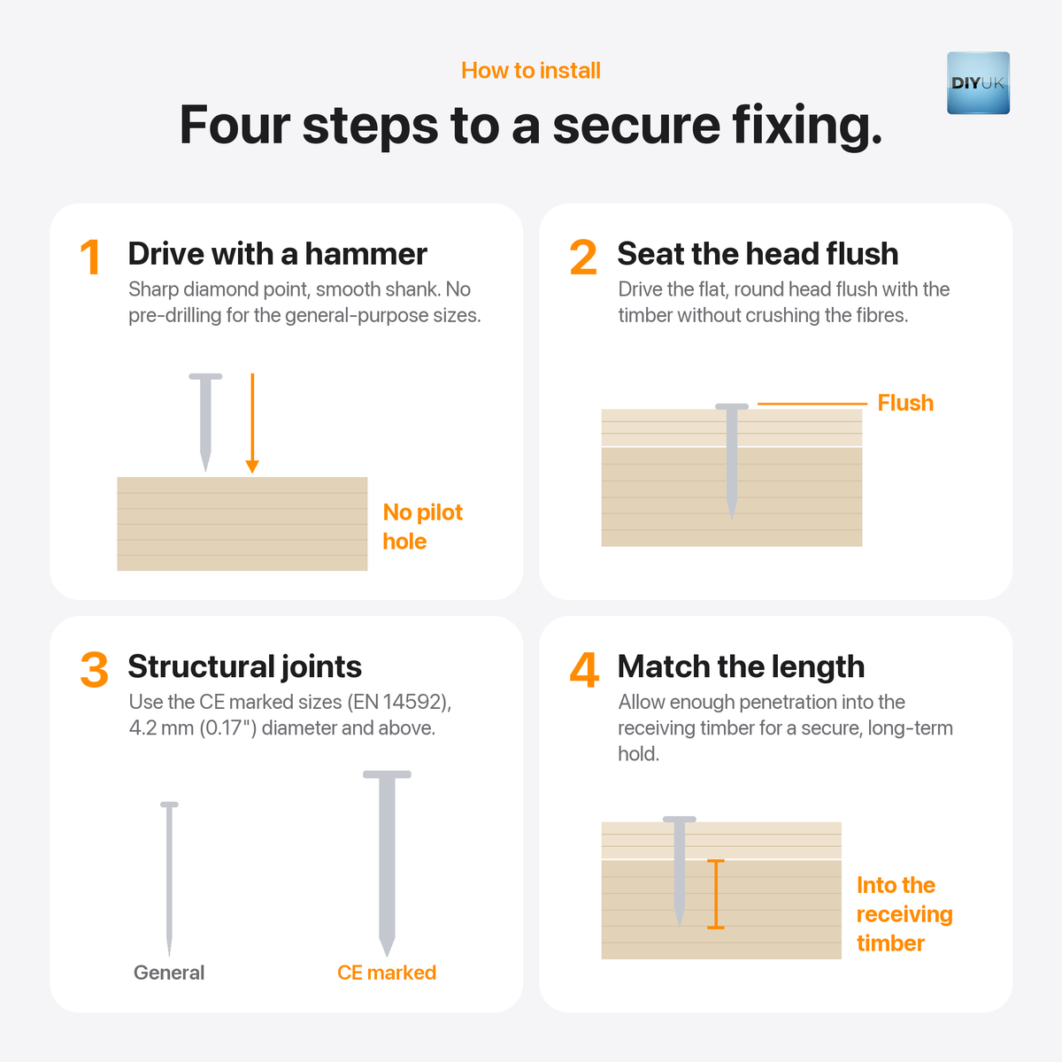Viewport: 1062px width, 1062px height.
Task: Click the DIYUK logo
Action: pyautogui.click(x=978, y=83)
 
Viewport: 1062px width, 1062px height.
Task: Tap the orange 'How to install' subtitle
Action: pyautogui.click(x=531, y=71)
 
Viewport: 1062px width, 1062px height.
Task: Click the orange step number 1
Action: pyautogui.click(x=90, y=257)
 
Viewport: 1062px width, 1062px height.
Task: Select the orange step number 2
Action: pyautogui.click(x=583, y=257)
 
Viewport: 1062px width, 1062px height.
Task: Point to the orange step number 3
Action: pyautogui.click(x=94, y=670)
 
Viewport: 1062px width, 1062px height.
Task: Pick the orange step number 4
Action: pyautogui.click(x=584, y=670)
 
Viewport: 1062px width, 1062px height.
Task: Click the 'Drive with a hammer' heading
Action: pyautogui.click(x=278, y=254)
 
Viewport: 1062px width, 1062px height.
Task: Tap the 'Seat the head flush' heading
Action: pyautogui.click(x=758, y=254)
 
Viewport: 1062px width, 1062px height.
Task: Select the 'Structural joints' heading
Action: pyautogui.click(x=245, y=667)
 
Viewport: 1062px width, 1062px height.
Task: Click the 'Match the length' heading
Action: pyautogui.click(x=742, y=667)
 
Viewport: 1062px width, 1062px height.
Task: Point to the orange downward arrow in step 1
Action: pyautogui.click(x=252, y=423)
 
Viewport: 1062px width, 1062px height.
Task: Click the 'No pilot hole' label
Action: pyautogui.click(x=423, y=527)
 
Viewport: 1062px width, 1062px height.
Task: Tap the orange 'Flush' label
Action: pyautogui.click(x=905, y=403)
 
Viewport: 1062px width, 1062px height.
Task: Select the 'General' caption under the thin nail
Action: pyautogui.click(x=169, y=973)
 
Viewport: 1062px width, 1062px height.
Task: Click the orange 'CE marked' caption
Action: pyautogui.click(x=387, y=973)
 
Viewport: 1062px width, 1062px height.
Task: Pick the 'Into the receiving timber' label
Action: pyautogui.click(x=904, y=914)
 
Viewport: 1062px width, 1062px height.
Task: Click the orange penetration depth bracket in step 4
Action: pyautogui.click(x=715, y=894)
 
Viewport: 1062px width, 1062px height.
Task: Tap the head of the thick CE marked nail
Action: pyautogui.click(x=387, y=774)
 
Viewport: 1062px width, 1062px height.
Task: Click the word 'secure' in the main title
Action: pyautogui.click(x=636, y=126)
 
